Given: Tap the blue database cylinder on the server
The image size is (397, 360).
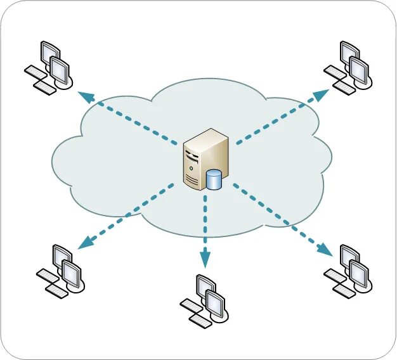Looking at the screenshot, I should click(x=214, y=180).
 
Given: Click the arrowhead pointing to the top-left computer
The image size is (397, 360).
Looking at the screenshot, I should click(x=84, y=95).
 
